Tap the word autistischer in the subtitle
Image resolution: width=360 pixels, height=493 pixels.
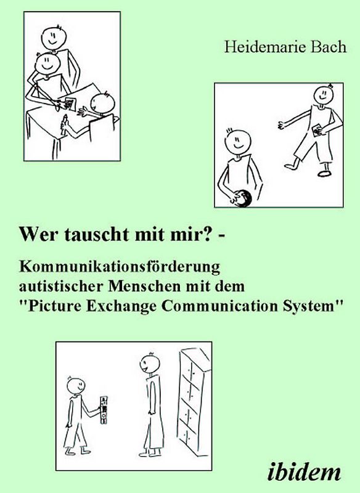[x=57, y=287]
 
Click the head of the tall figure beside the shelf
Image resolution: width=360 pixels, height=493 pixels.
[x=150, y=362]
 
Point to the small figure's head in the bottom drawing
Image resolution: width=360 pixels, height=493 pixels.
[x=76, y=385]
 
